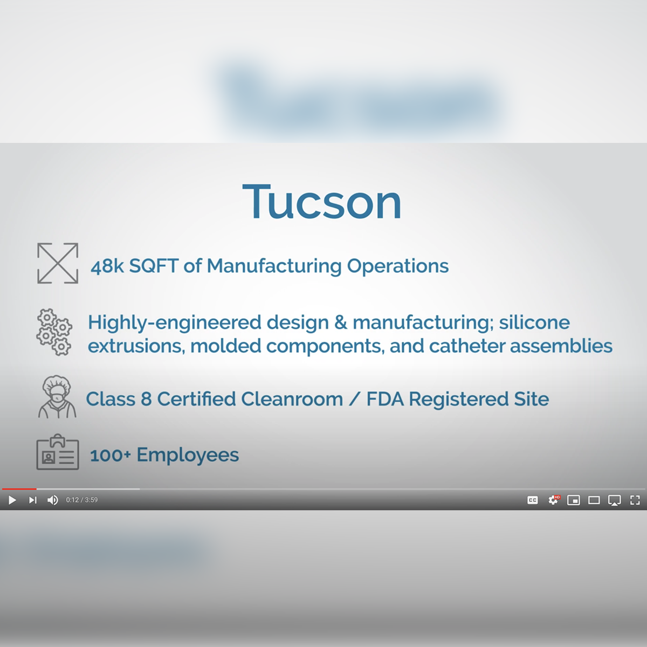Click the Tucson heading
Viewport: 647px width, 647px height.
coord(322,202)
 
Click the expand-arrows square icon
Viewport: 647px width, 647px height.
coord(58,263)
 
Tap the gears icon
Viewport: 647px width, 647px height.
coord(54,332)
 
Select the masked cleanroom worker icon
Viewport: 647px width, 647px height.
coord(57,397)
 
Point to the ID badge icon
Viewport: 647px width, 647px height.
coord(58,453)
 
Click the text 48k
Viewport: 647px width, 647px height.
coord(107,266)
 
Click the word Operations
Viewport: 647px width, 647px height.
coord(397,266)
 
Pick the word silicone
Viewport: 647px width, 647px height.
coord(534,322)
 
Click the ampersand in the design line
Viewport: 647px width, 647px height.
coord(341,322)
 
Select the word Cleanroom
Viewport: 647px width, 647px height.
coord(292,399)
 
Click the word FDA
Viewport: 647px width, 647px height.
coord(385,399)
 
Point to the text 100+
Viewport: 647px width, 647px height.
coord(110,455)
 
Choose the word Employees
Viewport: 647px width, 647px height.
coord(188,455)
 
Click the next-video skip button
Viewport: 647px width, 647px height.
coord(33,500)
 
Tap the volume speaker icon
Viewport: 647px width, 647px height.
coord(52,500)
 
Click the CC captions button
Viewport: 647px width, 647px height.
coord(533,500)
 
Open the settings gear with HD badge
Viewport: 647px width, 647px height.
coord(553,500)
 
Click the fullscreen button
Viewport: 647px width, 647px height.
coord(635,500)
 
